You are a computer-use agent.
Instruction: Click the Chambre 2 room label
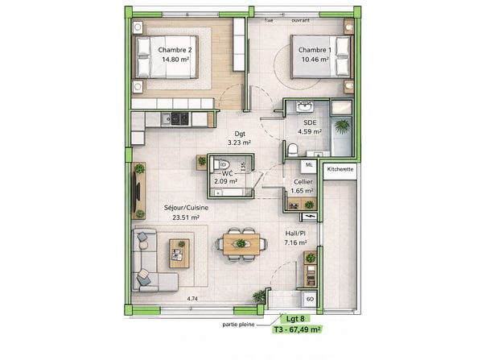pyautogui.click(x=175, y=50)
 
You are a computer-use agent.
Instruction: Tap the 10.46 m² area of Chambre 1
pyautogui.click(x=315, y=59)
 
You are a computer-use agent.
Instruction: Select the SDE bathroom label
pyautogui.click(x=310, y=122)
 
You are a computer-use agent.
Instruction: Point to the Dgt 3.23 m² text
pyautogui.click(x=239, y=138)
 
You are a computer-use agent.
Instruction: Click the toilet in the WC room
pyautogui.click(x=221, y=163)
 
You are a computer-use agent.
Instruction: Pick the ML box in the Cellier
pyautogui.click(x=309, y=166)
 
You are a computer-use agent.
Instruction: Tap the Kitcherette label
pyautogui.click(x=340, y=169)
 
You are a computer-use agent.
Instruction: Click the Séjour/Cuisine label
pyautogui.click(x=186, y=208)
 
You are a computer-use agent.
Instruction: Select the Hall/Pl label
pyautogui.click(x=295, y=233)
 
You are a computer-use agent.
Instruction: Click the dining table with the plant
pyautogui.click(x=241, y=244)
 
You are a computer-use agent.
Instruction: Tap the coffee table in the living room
pyautogui.click(x=179, y=254)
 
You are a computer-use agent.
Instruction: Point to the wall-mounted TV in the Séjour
pyautogui.click(x=136, y=191)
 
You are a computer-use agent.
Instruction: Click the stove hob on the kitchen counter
pyautogui.click(x=179, y=118)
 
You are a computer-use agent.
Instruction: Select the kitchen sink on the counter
pyautogui.click(x=166, y=118)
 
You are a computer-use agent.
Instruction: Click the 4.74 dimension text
pyautogui.click(x=192, y=299)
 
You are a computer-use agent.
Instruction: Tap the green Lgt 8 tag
pyautogui.click(x=295, y=319)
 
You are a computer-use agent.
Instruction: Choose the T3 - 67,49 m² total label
pyautogui.click(x=297, y=329)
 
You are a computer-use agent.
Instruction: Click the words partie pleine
pyautogui.click(x=238, y=325)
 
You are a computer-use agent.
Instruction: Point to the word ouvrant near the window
pyautogui.click(x=300, y=20)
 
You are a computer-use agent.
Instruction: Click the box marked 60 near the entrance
pyautogui.click(x=310, y=299)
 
